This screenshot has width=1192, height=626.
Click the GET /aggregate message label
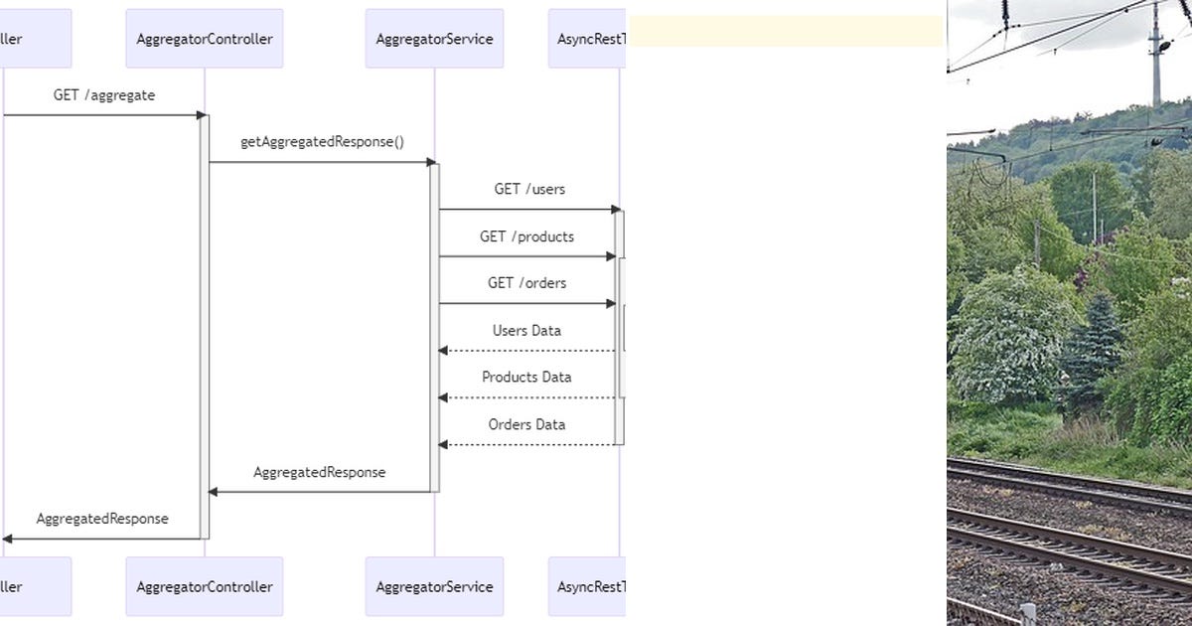[104, 95]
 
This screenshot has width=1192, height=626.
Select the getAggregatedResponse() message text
[322, 142]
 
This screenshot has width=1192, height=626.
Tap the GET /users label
[529, 189]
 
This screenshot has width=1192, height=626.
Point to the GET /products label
[526, 236]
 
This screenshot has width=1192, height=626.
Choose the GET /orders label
[526, 283]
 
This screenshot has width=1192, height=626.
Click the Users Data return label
[526, 331]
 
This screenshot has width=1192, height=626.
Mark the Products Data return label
[526, 378]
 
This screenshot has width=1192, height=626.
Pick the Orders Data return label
[526, 424]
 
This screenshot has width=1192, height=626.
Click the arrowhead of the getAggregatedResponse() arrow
[432, 162]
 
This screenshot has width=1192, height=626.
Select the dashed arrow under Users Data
[526, 351]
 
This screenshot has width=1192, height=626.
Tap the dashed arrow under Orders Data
[526, 444]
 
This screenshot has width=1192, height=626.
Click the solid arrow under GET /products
[526, 256]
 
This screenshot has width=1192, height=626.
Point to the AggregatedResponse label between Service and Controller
[319, 472]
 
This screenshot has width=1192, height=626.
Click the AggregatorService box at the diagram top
[434, 39]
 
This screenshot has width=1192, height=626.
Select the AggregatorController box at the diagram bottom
[204, 586]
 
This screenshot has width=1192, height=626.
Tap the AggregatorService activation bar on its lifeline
[434, 328]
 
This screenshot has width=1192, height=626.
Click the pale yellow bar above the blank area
[786, 31]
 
